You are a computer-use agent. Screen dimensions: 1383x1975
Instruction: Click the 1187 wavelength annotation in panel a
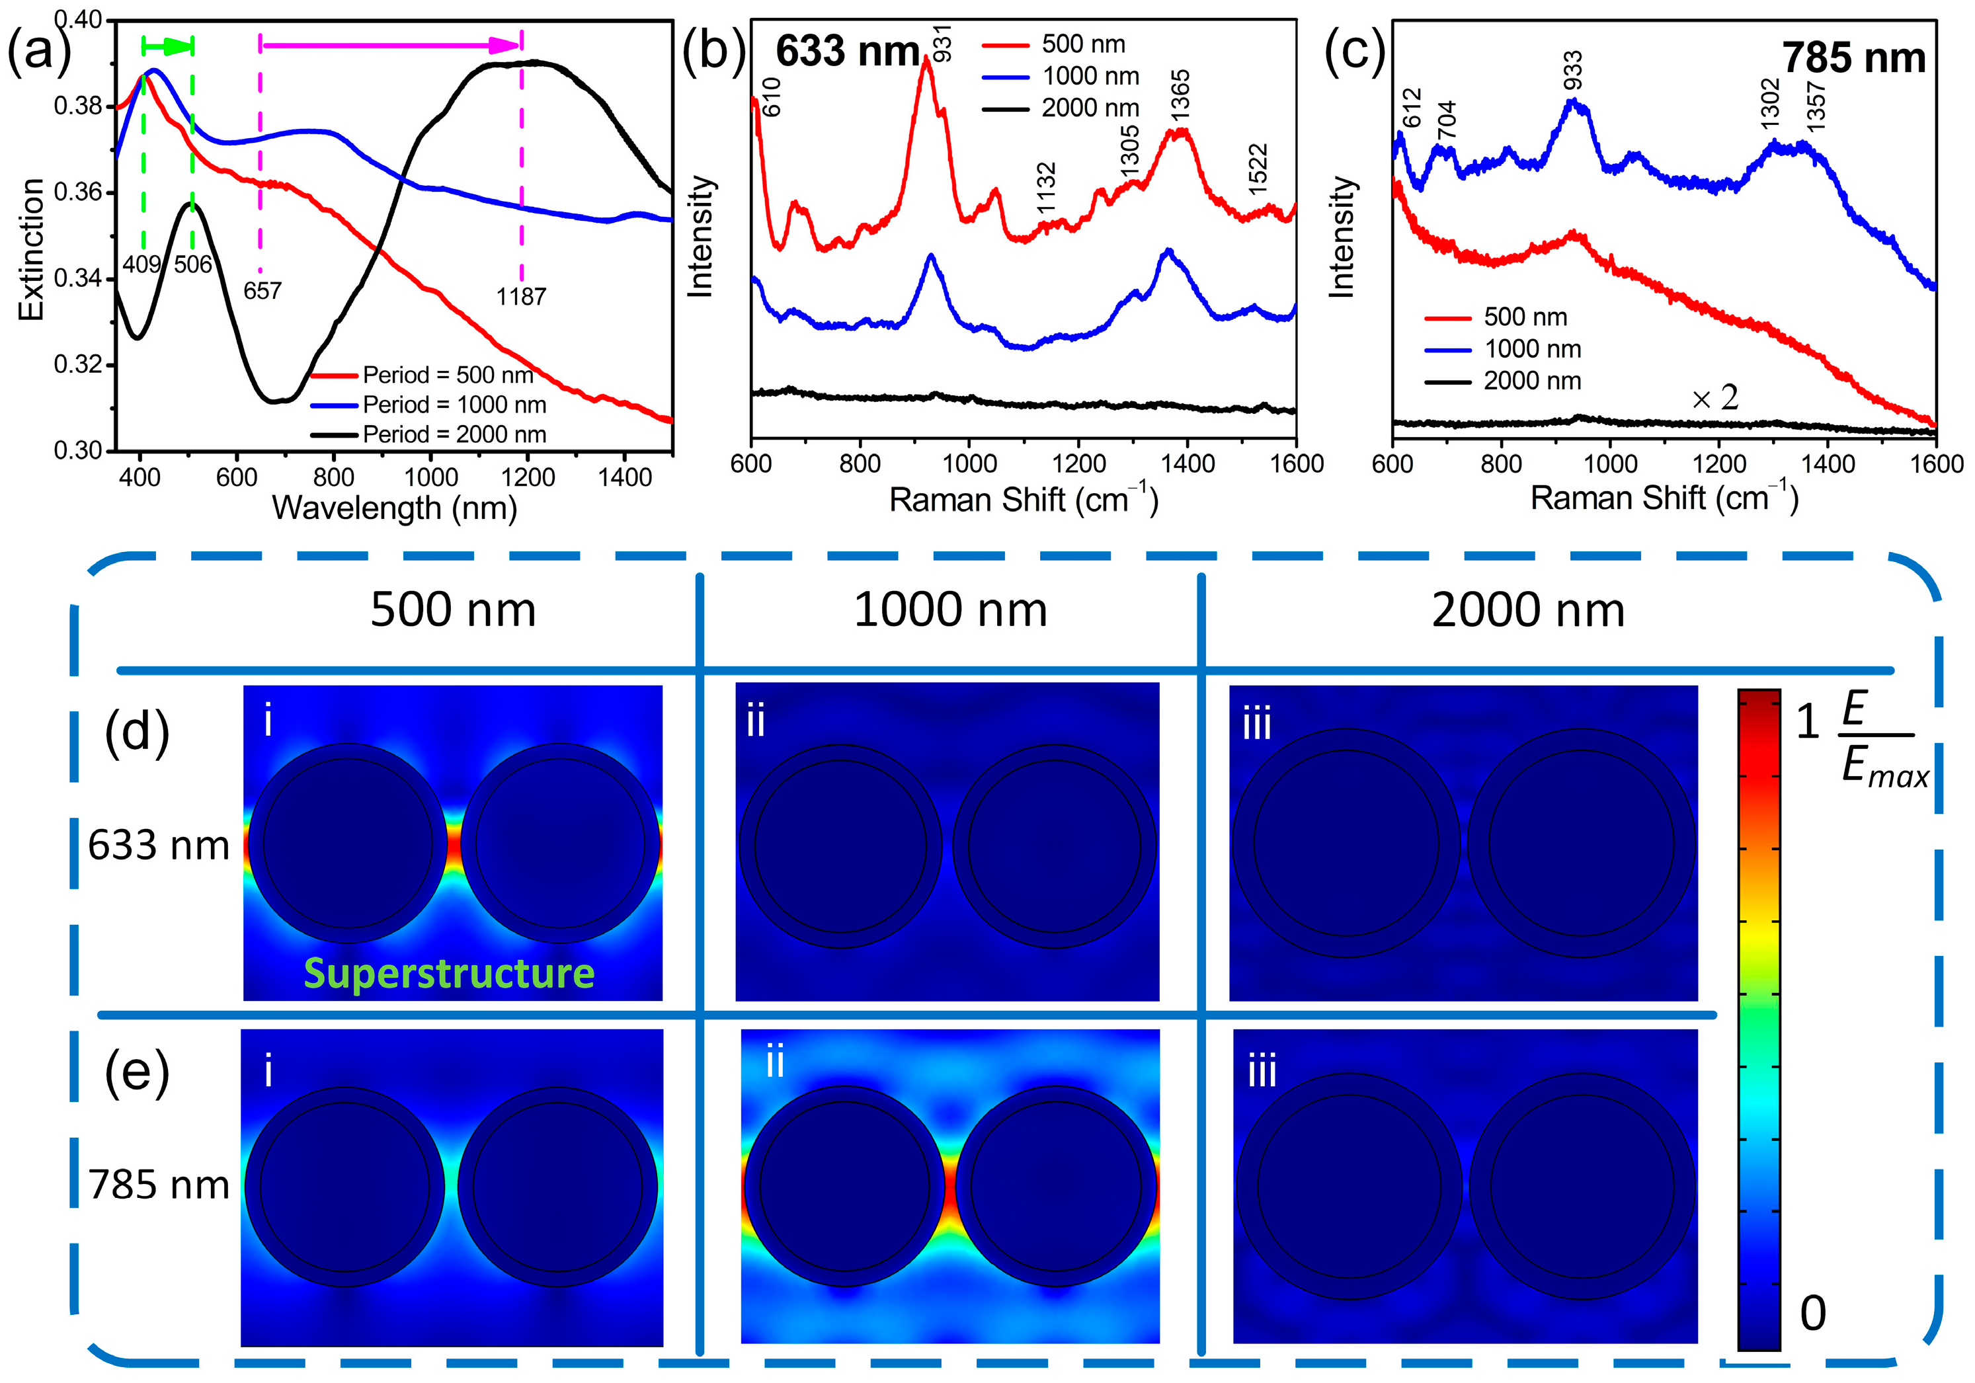coord(520,297)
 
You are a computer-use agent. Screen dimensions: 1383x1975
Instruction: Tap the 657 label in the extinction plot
coord(262,291)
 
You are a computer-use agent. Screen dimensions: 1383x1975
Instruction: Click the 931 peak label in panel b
coord(943,43)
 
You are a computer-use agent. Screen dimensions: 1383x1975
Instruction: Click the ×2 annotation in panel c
coord(1714,397)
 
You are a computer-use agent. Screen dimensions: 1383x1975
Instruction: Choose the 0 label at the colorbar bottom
coord(1812,1314)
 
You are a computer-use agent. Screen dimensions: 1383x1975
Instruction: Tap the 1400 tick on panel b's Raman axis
coord(1187,465)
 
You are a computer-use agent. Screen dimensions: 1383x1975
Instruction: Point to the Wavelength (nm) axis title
coord(394,508)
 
